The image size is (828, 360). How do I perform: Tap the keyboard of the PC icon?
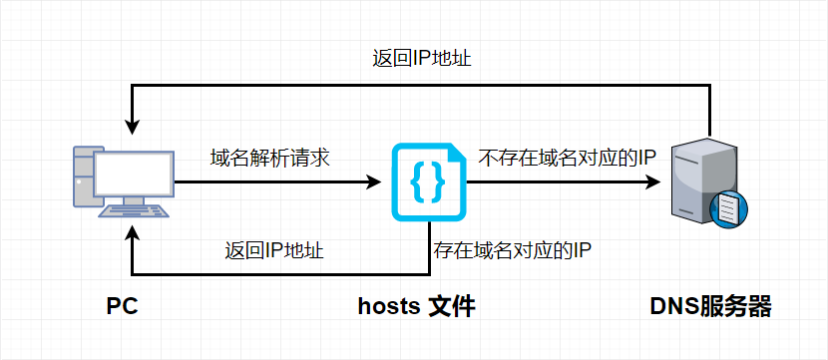pos(133,212)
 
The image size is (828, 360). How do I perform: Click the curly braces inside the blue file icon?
pos(426,180)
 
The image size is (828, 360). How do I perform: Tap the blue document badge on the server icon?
pos(726,208)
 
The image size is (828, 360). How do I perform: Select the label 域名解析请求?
pos(270,158)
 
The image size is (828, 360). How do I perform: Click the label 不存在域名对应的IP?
pos(566,158)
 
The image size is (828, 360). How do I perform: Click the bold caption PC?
pos(121,306)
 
